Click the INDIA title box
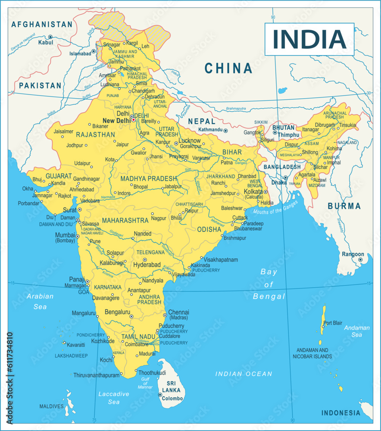point(309,39)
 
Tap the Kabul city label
point(45,43)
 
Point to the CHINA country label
point(228,68)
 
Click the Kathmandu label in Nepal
point(210,130)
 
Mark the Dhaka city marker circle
point(285,178)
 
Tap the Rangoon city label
point(353,254)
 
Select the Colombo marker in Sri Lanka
point(160,395)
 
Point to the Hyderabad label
point(147,265)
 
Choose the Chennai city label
point(178,312)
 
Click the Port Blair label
point(333,323)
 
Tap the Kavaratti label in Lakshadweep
point(76,345)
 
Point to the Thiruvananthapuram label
point(96,375)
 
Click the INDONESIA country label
point(340,413)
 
